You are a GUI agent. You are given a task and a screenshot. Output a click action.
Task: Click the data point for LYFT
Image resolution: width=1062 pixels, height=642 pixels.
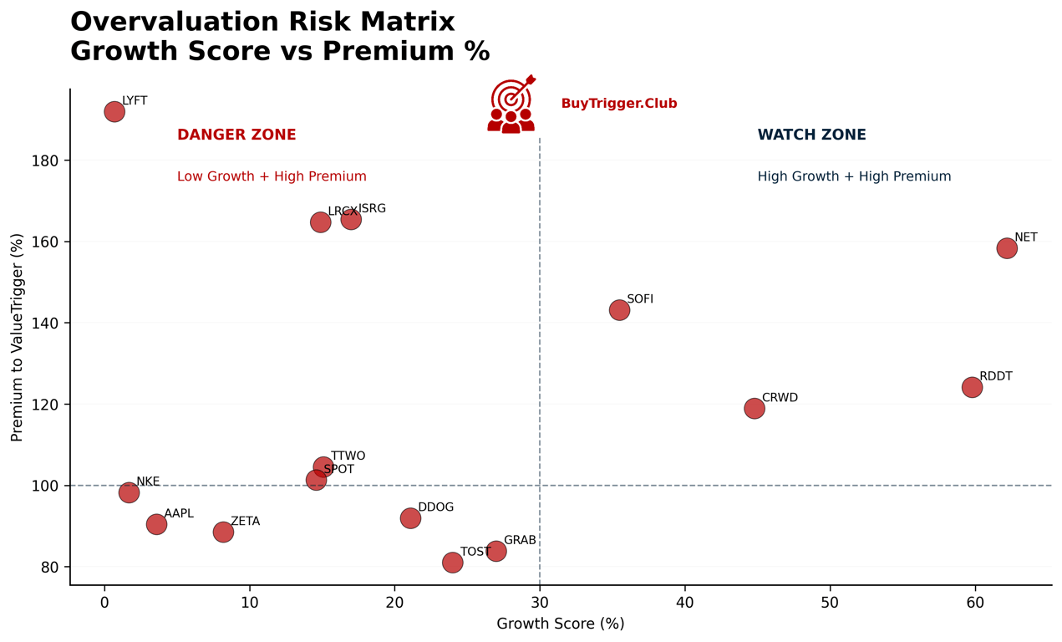(114, 111)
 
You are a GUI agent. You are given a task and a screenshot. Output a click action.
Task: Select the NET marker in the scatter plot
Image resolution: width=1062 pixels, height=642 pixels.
(1007, 248)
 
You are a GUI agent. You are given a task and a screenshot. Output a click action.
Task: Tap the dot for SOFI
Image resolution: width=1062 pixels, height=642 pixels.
(619, 310)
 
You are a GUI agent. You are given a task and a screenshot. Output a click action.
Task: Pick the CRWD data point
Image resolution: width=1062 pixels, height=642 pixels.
(755, 408)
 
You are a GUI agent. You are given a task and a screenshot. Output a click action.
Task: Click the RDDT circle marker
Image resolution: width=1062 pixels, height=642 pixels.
(972, 387)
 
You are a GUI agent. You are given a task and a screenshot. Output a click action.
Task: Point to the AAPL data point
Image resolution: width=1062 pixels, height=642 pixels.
(156, 524)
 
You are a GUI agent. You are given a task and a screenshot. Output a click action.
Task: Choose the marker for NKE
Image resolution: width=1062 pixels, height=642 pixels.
(129, 492)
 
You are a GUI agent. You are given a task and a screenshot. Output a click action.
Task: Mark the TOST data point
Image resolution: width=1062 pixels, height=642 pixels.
(452, 563)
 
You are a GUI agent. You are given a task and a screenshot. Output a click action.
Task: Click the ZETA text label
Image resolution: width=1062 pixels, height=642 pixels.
(245, 522)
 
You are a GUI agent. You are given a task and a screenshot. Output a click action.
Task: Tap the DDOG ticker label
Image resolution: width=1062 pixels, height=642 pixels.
(435, 507)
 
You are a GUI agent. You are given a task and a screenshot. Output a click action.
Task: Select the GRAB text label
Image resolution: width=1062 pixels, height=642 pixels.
(520, 541)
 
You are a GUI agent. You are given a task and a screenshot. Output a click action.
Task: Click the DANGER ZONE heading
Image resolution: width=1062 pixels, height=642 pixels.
(236, 135)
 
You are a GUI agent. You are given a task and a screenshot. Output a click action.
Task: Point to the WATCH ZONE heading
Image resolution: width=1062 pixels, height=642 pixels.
(811, 135)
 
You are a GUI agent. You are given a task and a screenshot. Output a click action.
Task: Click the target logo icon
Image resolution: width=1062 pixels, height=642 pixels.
(511, 104)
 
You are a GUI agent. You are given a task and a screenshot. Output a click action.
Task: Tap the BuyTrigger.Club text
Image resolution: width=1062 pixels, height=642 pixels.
(619, 104)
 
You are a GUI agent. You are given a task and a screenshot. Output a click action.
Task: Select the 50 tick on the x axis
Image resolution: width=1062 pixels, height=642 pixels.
(830, 603)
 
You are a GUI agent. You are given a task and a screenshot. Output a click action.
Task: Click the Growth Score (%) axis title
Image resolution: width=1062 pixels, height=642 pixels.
(561, 624)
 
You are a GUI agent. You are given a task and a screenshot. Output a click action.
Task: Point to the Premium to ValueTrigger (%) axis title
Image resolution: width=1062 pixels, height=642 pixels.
(18, 337)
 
